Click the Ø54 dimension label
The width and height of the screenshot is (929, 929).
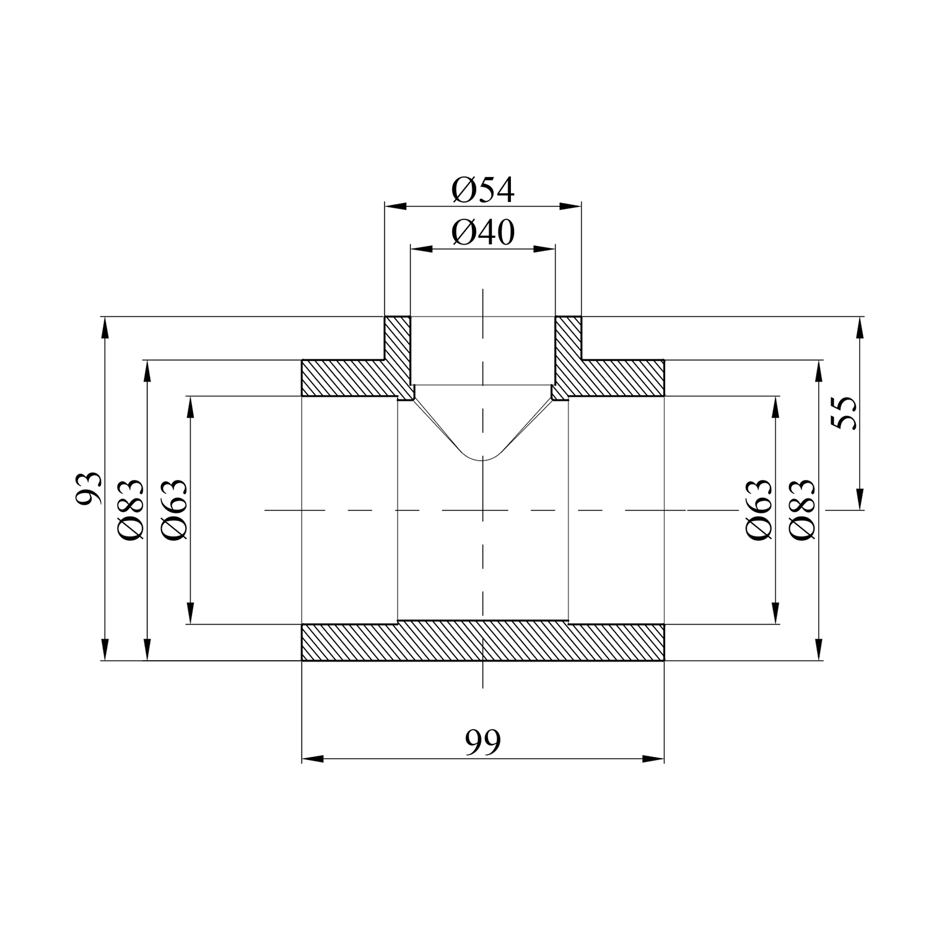point(483,190)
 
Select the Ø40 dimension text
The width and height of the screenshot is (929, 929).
point(483,233)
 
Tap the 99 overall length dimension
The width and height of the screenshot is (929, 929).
point(483,742)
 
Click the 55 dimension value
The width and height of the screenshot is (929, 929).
point(844,412)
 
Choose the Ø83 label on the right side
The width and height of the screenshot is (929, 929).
point(803,510)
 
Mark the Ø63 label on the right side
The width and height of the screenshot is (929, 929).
point(761,510)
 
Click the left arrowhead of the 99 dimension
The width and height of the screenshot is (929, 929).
point(312,759)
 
